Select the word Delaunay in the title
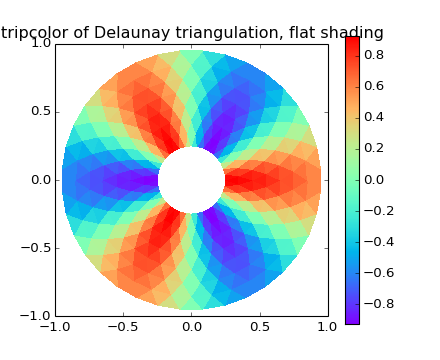(124, 33)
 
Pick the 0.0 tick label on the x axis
(191, 327)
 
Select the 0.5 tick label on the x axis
(259, 327)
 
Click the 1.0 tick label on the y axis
(39, 43)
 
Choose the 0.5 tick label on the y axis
(39, 111)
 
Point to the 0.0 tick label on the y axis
(39, 180)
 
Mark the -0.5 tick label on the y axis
(36, 248)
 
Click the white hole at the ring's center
(191, 180)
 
